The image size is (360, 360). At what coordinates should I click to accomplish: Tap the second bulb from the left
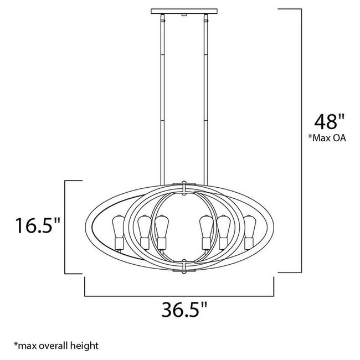point(144,227)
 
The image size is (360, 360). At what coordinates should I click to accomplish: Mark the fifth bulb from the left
point(223,227)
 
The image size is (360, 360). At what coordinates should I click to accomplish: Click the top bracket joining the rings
point(183,185)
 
